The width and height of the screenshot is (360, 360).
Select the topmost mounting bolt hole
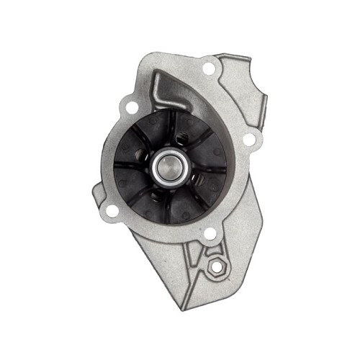point(210,69)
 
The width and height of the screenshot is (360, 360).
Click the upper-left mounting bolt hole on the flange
point(132,107)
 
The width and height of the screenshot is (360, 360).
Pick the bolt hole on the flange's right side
point(248,139)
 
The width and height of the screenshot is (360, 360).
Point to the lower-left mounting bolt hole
point(112,210)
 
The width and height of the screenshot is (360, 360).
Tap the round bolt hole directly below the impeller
point(210,234)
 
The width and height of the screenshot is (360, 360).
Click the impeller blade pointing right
point(216,169)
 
